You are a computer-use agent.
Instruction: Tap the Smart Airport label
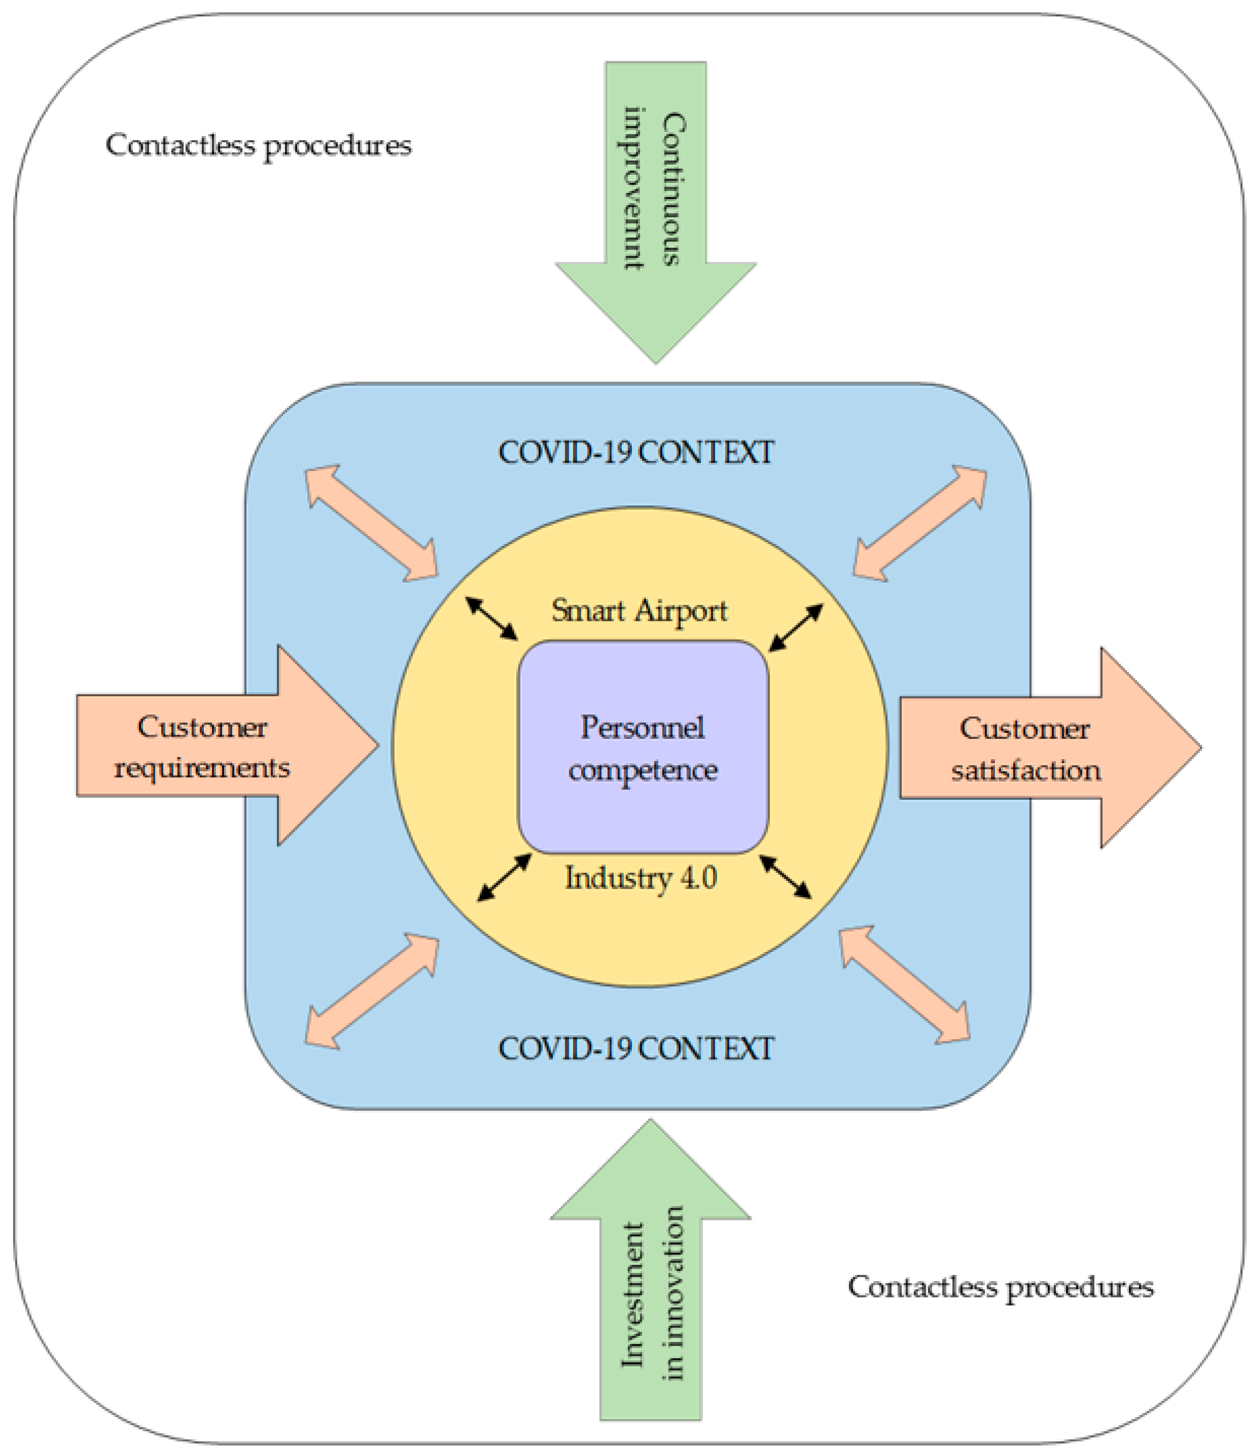pyautogui.click(x=639, y=610)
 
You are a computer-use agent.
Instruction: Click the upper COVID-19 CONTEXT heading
pyautogui.click(x=636, y=452)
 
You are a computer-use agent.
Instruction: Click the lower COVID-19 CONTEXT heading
pyautogui.click(x=636, y=1049)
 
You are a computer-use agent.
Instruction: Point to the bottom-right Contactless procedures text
pyautogui.click(x=1000, y=1287)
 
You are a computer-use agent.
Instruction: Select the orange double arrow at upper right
pyautogui.click(x=920, y=524)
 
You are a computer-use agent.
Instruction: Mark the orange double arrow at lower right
pyautogui.click(x=905, y=985)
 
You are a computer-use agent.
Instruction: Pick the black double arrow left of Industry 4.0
pyautogui.click(x=504, y=878)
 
